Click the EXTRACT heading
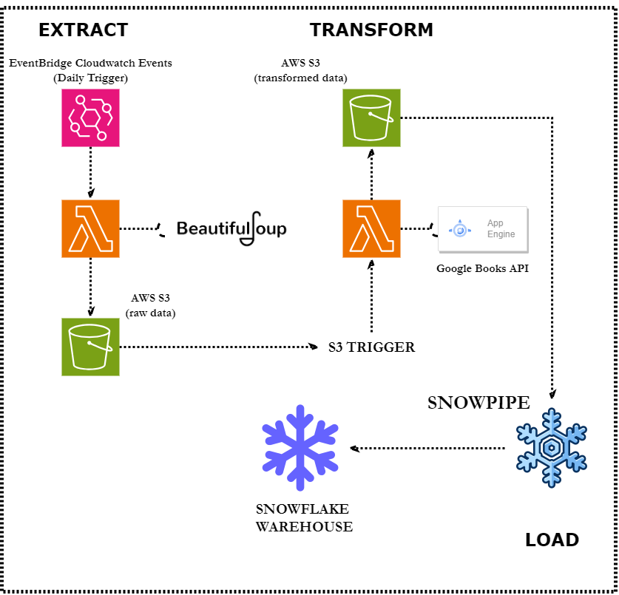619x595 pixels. click(x=83, y=30)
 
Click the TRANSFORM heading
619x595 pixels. click(x=371, y=30)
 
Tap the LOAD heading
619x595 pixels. click(x=552, y=540)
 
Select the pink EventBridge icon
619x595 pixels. click(x=90, y=118)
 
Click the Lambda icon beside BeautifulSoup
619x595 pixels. click(x=90, y=228)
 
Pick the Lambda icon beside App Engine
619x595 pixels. click(x=371, y=228)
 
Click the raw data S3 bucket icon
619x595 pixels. click(x=90, y=347)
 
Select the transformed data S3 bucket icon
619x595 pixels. click(x=371, y=118)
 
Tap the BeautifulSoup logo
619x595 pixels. click(x=231, y=229)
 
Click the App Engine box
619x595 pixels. click(x=482, y=229)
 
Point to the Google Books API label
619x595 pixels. click(x=482, y=268)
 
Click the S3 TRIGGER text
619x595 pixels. click(x=371, y=347)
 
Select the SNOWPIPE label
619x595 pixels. click(x=478, y=403)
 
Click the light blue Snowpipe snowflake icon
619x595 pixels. click(x=551, y=447)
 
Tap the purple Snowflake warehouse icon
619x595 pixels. click(x=300, y=448)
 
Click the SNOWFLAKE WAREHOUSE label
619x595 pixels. click(x=304, y=518)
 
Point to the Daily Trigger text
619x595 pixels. click(x=90, y=78)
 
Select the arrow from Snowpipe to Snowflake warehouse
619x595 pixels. click(x=429, y=448)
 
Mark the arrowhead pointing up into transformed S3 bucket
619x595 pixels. click(x=371, y=152)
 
